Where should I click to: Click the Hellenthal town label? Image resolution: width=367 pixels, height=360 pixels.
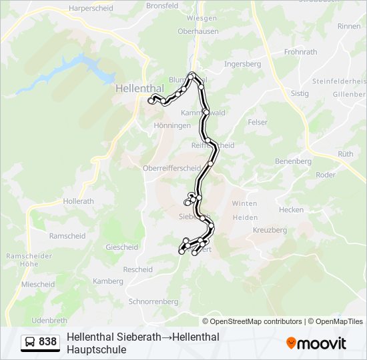[x=135, y=87]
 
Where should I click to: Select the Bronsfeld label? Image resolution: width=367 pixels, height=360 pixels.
[x=162, y=5]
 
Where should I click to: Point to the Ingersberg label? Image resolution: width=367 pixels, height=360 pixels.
[x=242, y=64]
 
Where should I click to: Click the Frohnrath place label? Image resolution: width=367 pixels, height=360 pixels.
[x=300, y=51]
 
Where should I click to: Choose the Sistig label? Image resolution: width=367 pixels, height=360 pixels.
[x=300, y=93]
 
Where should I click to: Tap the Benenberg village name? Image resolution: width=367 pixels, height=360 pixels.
[x=294, y=161]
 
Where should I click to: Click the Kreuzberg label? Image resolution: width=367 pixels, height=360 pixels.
[x=270, y=230]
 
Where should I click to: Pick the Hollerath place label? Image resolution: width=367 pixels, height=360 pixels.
[x=79, y=201]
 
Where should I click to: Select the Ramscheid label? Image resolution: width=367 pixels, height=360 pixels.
[x=67, y=236]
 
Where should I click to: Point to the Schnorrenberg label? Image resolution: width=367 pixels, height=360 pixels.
[x=153, y=301]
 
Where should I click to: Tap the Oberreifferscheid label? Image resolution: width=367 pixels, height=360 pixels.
[x=171, y=168]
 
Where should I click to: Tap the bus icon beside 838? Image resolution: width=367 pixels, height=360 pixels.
[x=30, y=343]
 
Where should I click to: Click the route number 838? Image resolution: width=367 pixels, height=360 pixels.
[x=48, y=342]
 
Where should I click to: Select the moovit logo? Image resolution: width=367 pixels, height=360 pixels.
[x=316, y=343]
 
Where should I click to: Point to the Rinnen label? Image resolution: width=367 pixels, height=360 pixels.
[x=349, y=26]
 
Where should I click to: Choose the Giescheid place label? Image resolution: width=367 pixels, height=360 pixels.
[x=121, y=247]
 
